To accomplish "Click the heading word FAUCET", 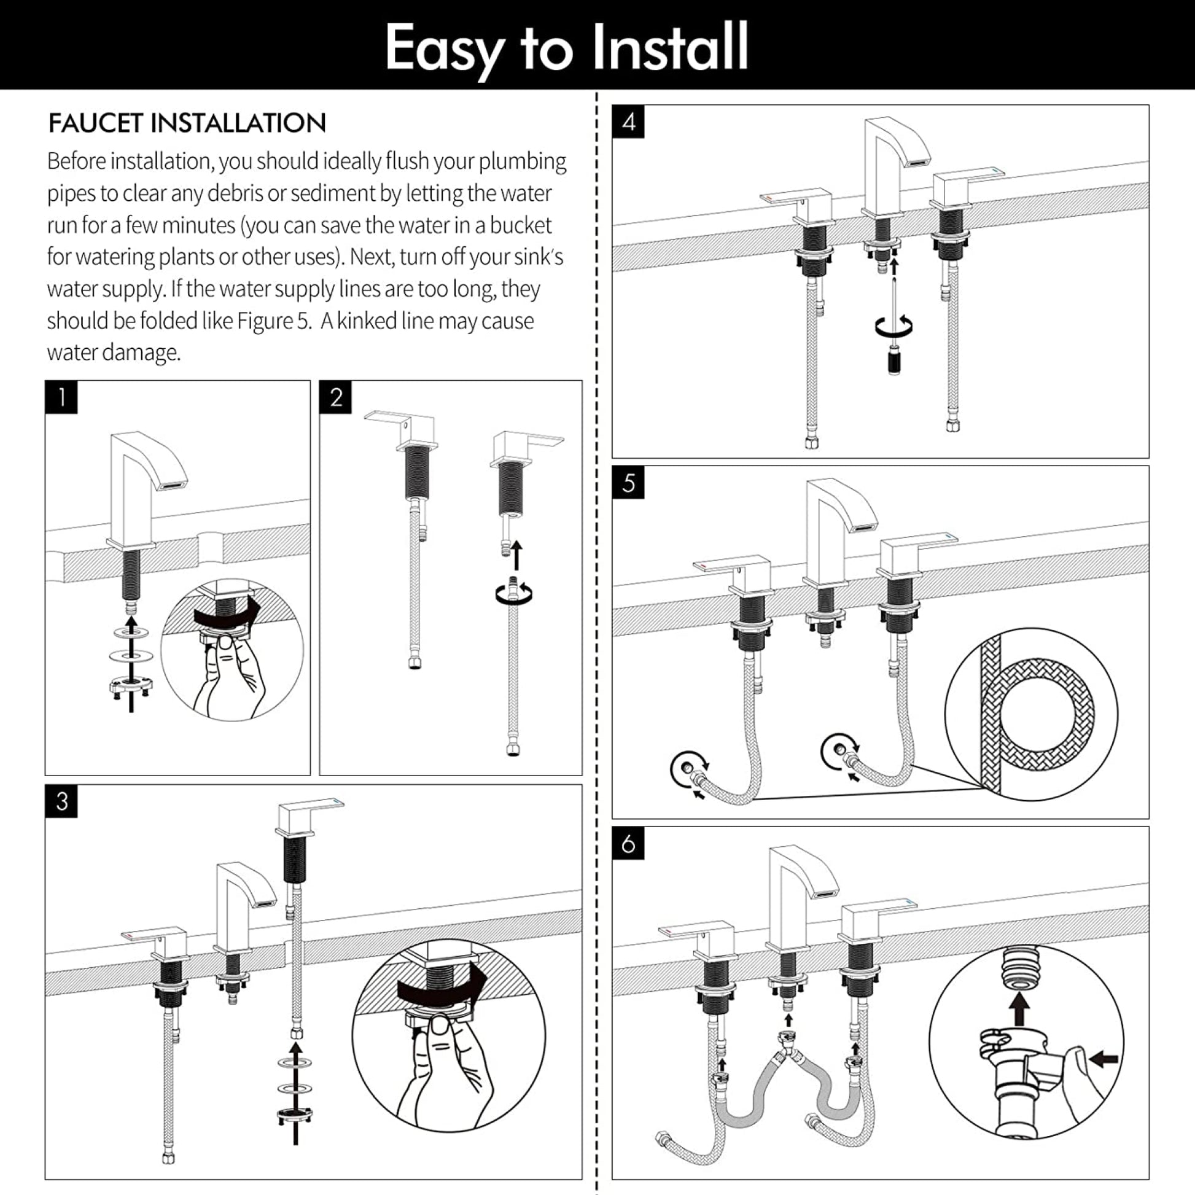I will coord(96,123).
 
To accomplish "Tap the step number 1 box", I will coord(61,397).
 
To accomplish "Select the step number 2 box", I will coord(336,397).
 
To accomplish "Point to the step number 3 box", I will coord(61,801).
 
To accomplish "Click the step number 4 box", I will coord(628,122).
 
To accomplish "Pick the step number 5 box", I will coord(628,483).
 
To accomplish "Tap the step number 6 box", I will coord(628,844).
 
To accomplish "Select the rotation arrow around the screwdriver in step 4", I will coord(893,326).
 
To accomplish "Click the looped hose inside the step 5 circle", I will coord(1045,714).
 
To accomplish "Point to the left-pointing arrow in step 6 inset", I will coord(1104,1059).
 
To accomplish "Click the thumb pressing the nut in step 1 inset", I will coord(227,650).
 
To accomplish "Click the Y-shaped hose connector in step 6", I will coord(788,1054).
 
